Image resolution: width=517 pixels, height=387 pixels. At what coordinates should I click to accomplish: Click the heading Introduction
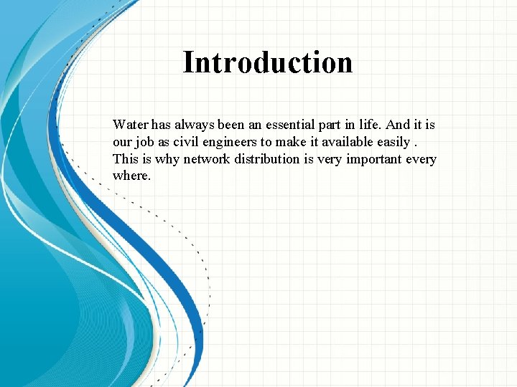(x=268, y=62)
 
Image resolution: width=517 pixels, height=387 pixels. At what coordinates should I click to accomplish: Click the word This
(x=125, y=159)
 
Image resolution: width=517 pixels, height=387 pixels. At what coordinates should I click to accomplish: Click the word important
(x=373, y=159)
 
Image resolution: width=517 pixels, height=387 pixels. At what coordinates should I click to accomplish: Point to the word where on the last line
(x=131, y=176)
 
